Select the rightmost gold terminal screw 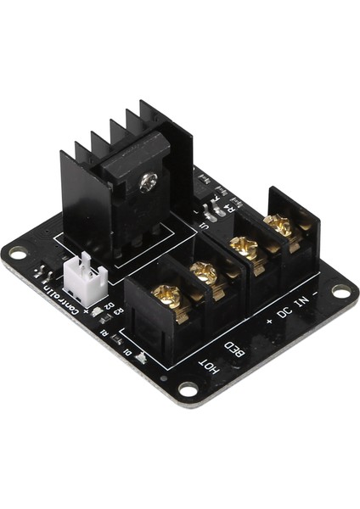(x=277, y=226)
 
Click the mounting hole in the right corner (x=340, y=291)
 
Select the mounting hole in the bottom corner (x=187, y=389)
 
